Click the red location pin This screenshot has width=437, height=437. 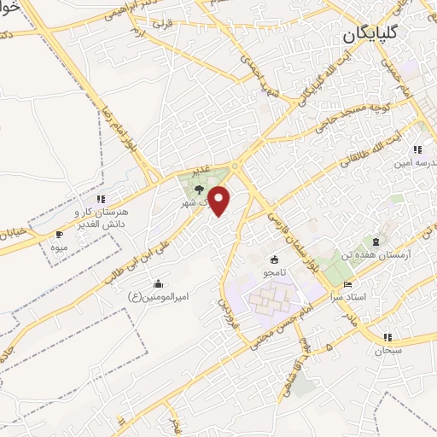click(220, 201)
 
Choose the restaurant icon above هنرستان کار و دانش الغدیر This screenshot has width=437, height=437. click(101, 199)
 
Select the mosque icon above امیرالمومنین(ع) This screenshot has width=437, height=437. click(158, 283)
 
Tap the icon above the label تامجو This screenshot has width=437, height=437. click(274, 259)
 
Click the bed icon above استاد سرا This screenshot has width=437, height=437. click(347, 283)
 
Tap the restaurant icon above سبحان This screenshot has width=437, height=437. click(388, 337)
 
